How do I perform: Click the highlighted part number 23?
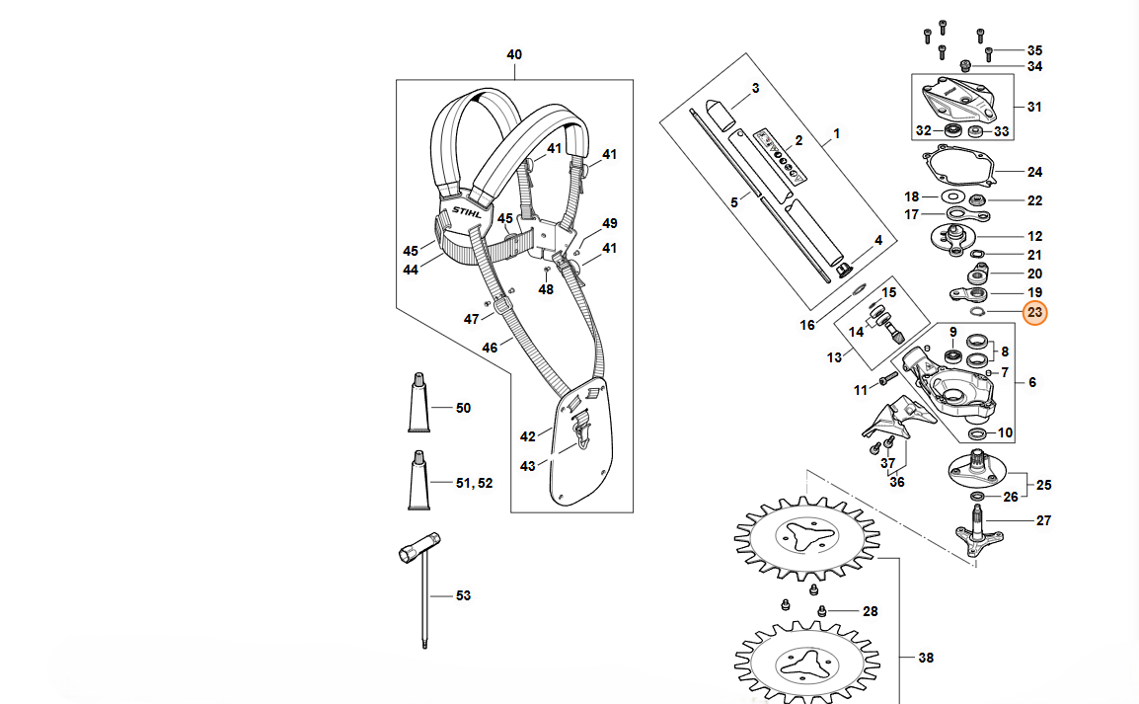pos(1034,312)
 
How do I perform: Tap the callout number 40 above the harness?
pos(514,54)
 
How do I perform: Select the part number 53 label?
pos(464,595)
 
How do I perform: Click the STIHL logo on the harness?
pos(466,213)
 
